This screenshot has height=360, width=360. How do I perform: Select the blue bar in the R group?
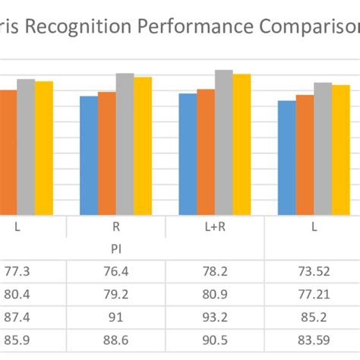pyautogui.click(x=88, y=156)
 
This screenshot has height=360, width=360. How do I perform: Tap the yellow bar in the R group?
pyautogui.click(x=143, y=146)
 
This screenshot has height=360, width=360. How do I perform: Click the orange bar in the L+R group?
pyautogui.click(x=206, y=152)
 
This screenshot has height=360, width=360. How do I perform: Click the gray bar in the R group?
pyautogui.click(x=125, y=144)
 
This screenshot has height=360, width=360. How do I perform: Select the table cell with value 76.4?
pyautogui.click(x=116, y=270)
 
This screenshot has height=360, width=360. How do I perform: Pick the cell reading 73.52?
pyautogui.click(x=313, y=270)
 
